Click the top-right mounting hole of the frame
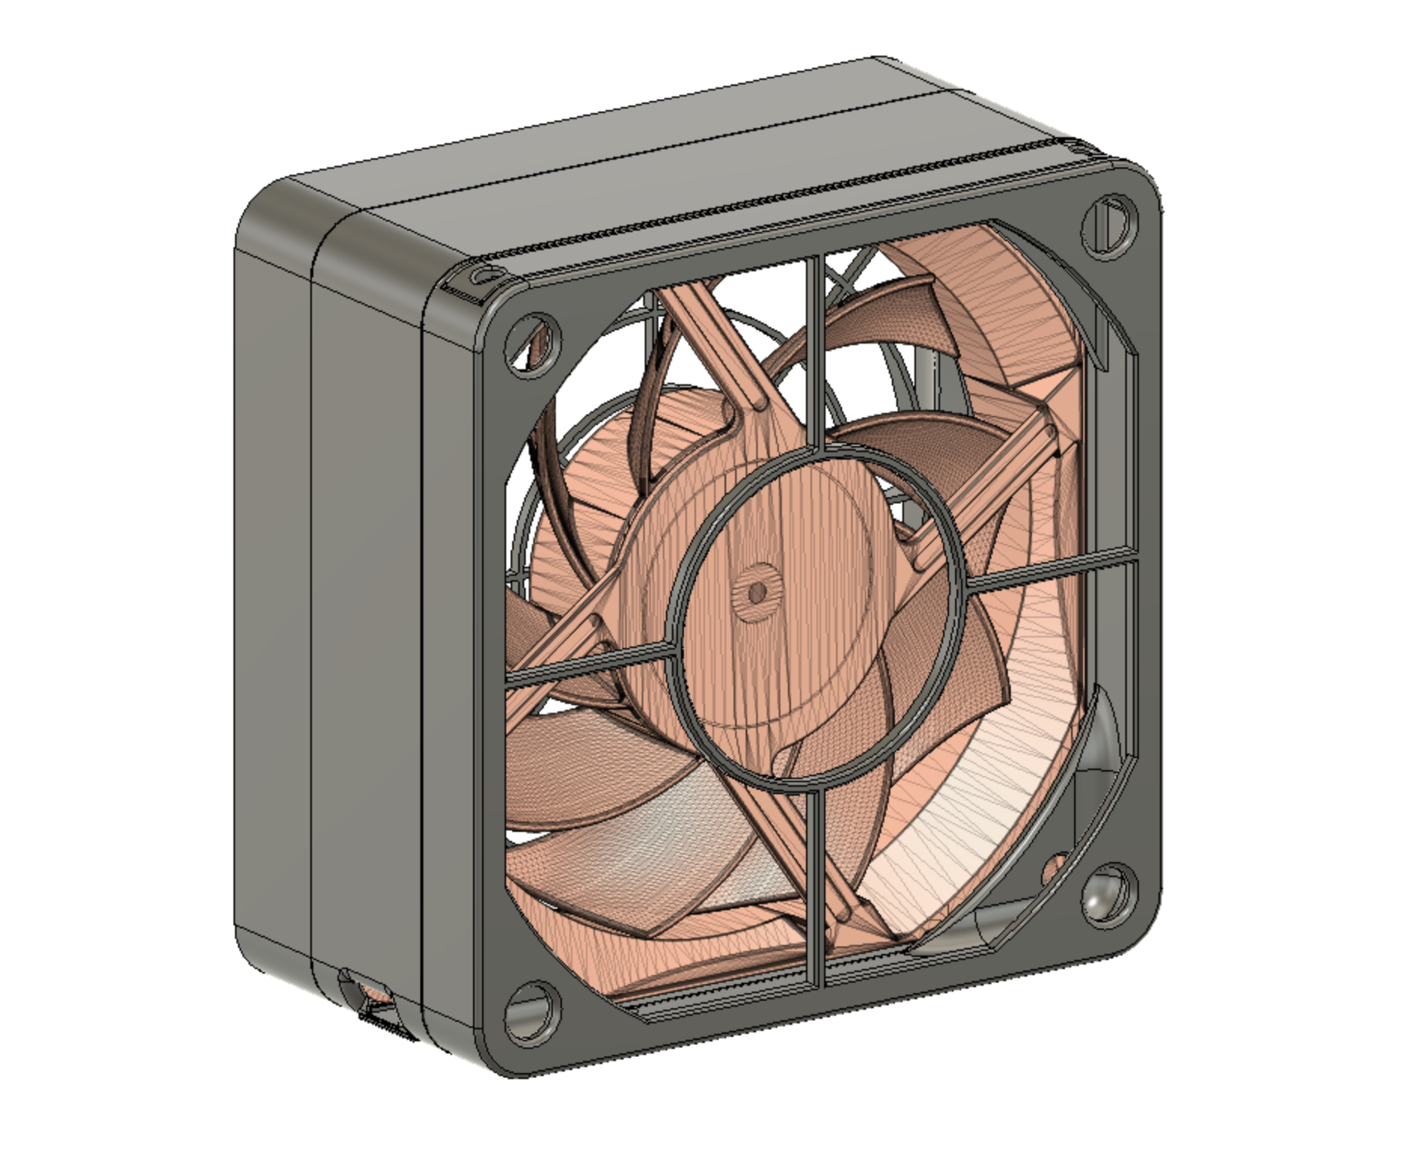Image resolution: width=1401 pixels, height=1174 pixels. pos(1110,224)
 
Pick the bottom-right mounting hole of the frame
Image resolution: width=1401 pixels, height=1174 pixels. pos(1108,891)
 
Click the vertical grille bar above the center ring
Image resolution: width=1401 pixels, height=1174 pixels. pos(813,347)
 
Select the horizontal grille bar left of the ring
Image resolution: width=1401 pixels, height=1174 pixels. pos(588,663)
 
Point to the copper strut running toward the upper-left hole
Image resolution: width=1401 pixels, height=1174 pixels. pos(708,339)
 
